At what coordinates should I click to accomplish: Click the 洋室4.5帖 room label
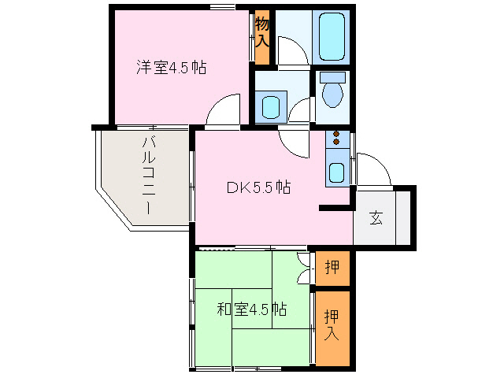(x=171, y=68)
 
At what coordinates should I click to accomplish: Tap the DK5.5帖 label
(x=259, y=188)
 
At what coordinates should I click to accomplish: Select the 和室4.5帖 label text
(x=251, y=309)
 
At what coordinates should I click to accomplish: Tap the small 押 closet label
(x=332, y=268)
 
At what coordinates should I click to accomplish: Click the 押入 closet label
(x=332, y=325)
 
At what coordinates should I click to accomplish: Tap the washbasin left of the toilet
(x=271, y=106)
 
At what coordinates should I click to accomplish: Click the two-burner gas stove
(x=337, y=139)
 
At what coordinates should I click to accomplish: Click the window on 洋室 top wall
(x=222, y=8)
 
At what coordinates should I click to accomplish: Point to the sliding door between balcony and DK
(x=192, y=185)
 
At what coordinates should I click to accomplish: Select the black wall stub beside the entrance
(x=335, y=209)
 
